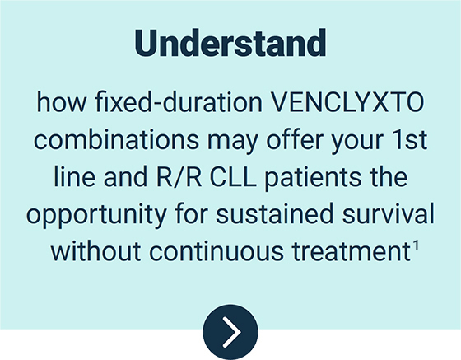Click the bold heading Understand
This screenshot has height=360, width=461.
(x=230, y=43)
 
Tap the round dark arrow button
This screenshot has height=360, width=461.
(x=230, y=332)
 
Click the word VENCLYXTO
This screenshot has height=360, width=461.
(x=347, y=102)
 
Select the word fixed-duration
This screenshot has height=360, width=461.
(x=179, y=102)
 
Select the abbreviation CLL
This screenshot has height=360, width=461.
(x=233, y=177)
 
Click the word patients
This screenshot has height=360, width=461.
(x=313, y=179)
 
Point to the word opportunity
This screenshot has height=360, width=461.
(x=97, y=216)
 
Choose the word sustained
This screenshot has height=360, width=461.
(x=275, y=214)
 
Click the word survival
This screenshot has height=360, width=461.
(x=388, y=214)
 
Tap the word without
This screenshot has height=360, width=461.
(x=95, y=251)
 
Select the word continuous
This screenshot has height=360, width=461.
(x=217, y=251)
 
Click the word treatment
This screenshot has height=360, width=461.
(x=352, y=251)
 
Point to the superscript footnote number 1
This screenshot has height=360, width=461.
(x=416, y=245)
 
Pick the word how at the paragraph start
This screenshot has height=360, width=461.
(x=62, y=102)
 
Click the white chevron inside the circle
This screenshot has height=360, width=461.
(x=232, y=332)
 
